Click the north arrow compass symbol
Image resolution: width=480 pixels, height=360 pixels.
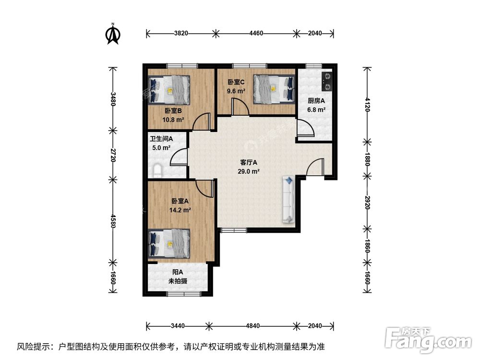click(113, 34)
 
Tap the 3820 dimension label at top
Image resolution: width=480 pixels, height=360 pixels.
click(181, 34)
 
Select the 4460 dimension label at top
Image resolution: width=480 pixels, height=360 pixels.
click(256, 34)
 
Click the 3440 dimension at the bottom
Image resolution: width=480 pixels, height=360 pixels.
click(177, 326)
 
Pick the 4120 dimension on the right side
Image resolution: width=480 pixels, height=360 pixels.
click(367, 104)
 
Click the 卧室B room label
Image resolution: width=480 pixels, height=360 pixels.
click(172, 111)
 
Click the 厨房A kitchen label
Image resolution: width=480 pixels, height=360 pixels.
click(316, 101)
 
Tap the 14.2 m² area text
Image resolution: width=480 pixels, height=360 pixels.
click(180, 210)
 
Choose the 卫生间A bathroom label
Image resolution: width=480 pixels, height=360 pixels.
click(161, 139)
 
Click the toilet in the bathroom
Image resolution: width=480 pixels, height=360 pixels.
click(157, 170)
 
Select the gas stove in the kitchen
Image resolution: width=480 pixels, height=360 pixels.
click(326, 82)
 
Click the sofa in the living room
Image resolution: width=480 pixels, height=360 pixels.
click(289, 200)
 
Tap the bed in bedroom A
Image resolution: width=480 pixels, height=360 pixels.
click(169, 243)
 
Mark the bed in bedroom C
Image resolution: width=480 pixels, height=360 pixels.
click(274, 88)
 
